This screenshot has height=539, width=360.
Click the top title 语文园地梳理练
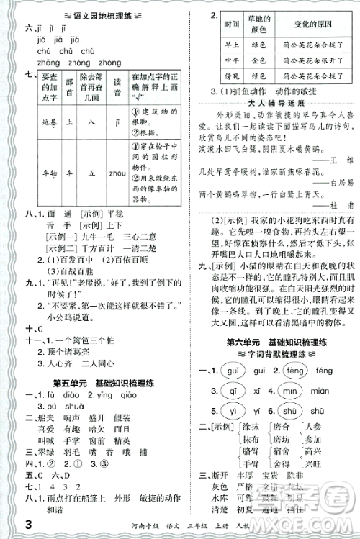tap(96, 9)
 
